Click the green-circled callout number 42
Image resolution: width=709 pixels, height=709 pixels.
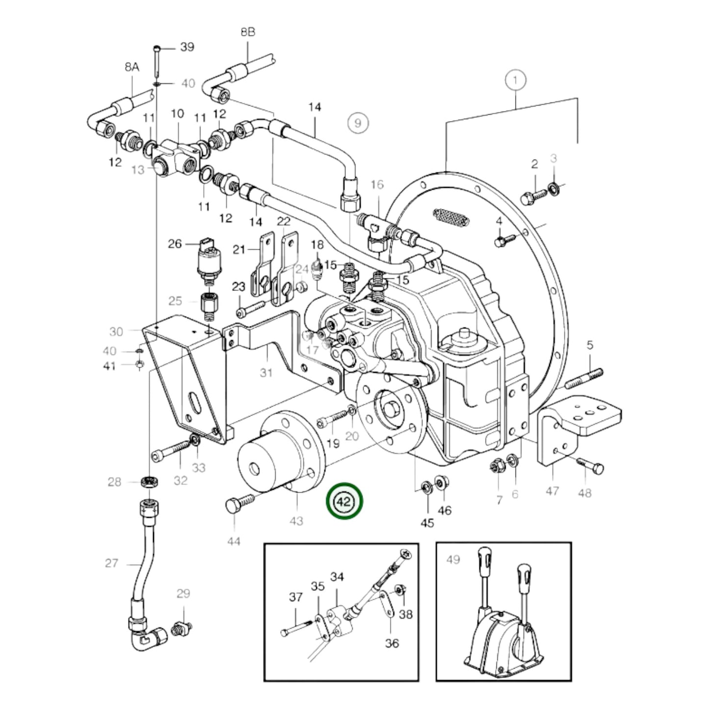[x=346, y=501]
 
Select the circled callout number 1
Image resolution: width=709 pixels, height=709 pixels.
[x=515, y=79]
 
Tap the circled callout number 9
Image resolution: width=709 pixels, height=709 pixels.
[x=358, y=122]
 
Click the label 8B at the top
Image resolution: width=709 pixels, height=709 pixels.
[x=248, y=32]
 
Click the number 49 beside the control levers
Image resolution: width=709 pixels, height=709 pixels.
[x=453, y=559]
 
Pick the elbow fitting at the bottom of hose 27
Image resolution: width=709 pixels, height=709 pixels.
[x=147, y=637]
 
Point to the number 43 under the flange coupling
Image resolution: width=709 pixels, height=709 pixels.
[x=297, y=521]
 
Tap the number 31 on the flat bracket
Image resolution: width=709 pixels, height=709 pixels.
[x=266, y=373]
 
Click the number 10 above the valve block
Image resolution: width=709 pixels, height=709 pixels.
[x=177, y=114]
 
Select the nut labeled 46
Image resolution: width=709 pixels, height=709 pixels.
[x=441, y=483]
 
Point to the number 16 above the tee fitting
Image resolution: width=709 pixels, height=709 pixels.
[x=377, y=184]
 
